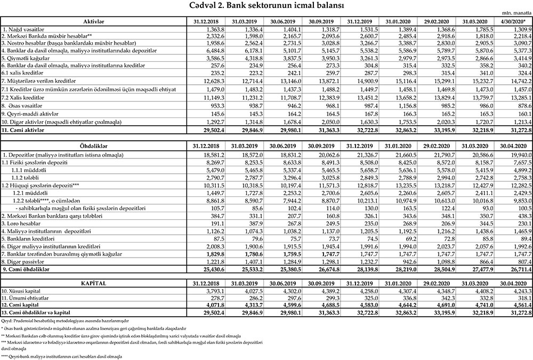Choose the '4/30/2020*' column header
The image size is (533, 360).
(x=513, y=20)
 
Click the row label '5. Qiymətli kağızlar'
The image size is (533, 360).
(x=26, y=57)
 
